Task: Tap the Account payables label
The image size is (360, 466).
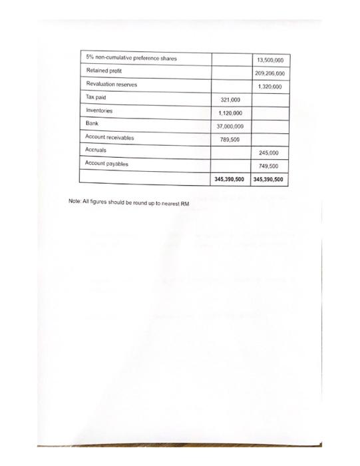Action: pos(106,163)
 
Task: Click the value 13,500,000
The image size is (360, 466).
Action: pos(270,61)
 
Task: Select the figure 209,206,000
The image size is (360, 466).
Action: pos(270,74)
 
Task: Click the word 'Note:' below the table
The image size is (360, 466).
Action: pos(75,202)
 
